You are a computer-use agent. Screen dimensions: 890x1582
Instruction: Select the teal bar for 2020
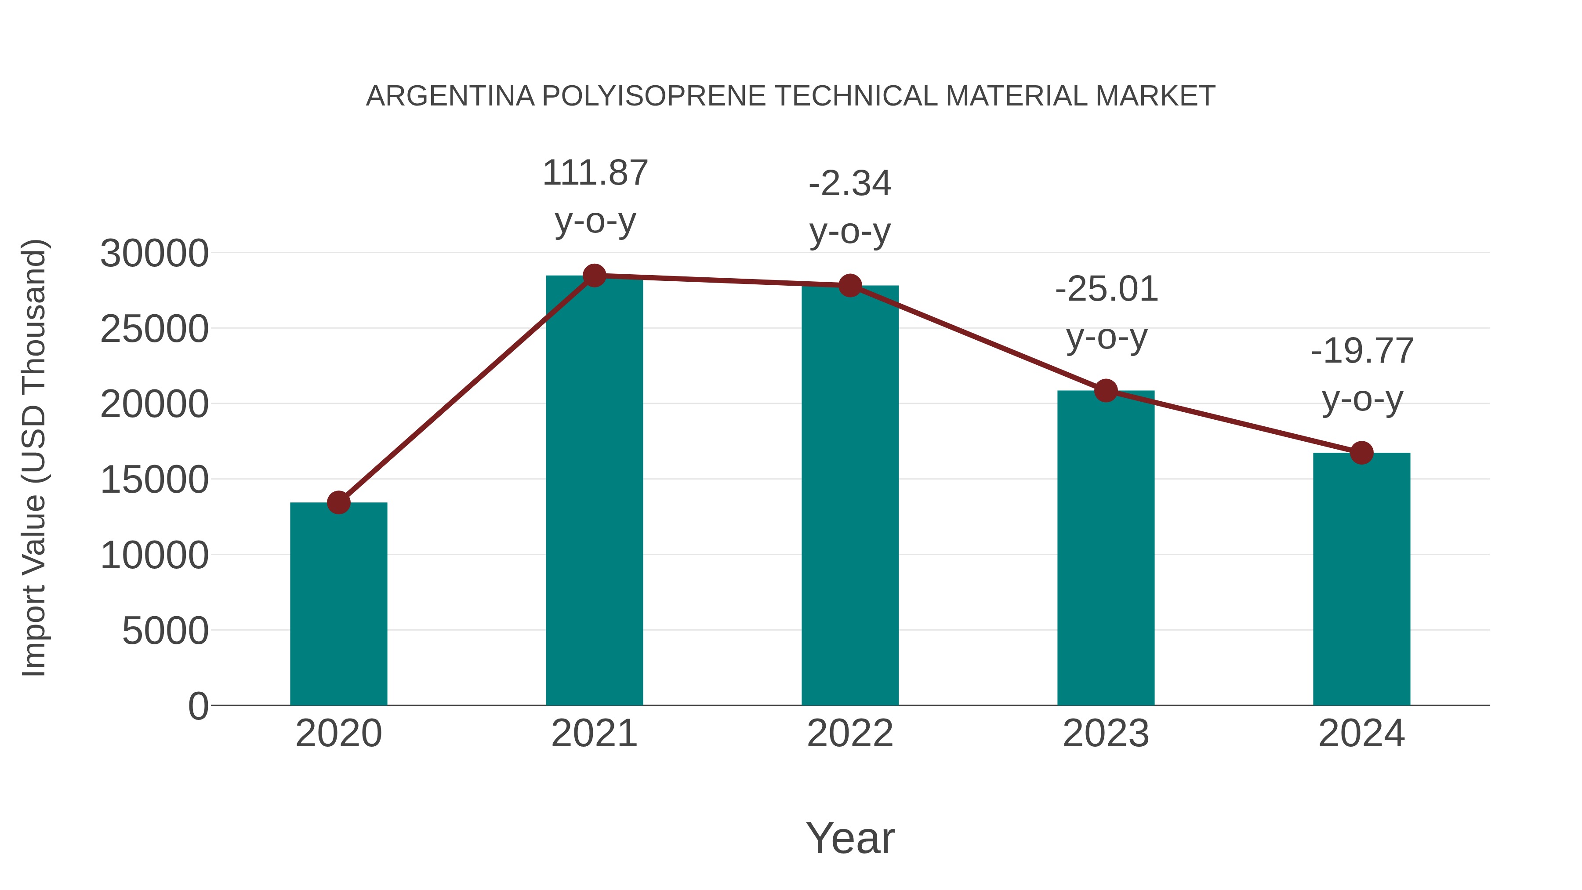coord(338,605)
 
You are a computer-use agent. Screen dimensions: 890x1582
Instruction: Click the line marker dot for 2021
coord(595,276)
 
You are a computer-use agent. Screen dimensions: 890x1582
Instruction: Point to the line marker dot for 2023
coord(1106,391)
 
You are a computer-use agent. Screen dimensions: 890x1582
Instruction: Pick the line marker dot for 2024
coord(1361,453)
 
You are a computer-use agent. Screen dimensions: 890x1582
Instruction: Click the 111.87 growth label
coord(595,173)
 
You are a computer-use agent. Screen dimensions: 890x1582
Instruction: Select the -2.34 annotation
coord(850,184)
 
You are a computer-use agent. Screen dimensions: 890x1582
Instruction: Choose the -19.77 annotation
coord(1361,351)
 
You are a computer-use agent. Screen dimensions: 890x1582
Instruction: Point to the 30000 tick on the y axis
coord(154,254)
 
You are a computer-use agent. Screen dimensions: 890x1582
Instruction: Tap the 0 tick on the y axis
coord(198,706)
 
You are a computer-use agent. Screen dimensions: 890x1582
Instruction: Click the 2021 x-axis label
coord(595,734)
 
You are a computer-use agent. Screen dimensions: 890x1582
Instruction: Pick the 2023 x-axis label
coord(1106,734)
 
